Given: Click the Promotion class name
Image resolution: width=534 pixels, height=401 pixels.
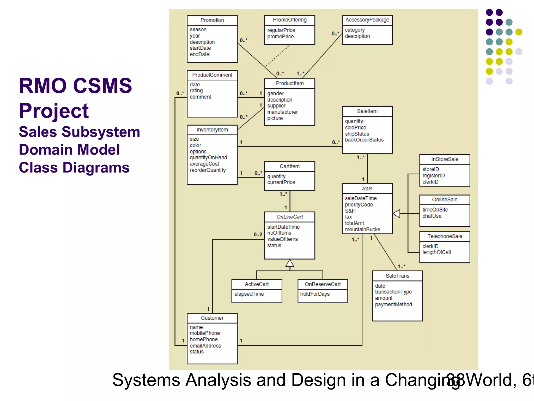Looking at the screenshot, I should [x=212, y=20].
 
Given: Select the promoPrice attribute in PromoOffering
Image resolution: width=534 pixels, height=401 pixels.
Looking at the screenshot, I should [x=280, y=37].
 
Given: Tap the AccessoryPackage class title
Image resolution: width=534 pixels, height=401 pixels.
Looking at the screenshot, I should [x=367, y=20].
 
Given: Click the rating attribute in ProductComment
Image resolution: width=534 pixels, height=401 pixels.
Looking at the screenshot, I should [x=196, y=91].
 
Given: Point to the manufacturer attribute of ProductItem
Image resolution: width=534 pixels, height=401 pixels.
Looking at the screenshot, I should [x=282, y=112].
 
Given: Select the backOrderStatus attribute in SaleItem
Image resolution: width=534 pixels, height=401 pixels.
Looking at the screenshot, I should [x=364, y=140].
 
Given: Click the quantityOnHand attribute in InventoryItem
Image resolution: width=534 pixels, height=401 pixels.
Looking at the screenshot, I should [x=208, y=157].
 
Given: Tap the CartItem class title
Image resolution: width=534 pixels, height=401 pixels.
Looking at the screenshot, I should [x=289, y=166].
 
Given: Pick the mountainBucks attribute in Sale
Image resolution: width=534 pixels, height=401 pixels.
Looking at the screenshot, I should [x=362, y=229].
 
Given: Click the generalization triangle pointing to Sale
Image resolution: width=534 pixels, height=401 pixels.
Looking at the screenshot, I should [x=397, y=214].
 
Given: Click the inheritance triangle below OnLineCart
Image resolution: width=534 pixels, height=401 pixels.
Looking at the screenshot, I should [x=290, y=263].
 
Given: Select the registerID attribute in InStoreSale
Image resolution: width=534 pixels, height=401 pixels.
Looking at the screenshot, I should [x=433, y=176].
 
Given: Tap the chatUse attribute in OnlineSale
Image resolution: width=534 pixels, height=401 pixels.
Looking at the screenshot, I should [x=432, y=216].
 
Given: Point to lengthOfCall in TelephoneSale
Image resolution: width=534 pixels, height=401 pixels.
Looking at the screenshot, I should [x=436, y=252].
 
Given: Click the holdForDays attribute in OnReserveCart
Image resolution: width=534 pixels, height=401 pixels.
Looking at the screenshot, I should [x=315, y=294].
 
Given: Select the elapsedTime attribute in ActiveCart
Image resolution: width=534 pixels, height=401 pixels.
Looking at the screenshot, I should [x=249, y=294].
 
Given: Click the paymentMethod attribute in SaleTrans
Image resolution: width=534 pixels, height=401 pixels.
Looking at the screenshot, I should [x=393, y=304].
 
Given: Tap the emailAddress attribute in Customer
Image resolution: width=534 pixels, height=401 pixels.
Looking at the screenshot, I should [x=205, y=346].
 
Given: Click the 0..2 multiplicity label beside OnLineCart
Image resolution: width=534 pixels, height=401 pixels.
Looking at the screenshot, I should [x=258, y=234].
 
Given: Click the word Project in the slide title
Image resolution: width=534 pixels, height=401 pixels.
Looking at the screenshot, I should [x=54, y=111].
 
